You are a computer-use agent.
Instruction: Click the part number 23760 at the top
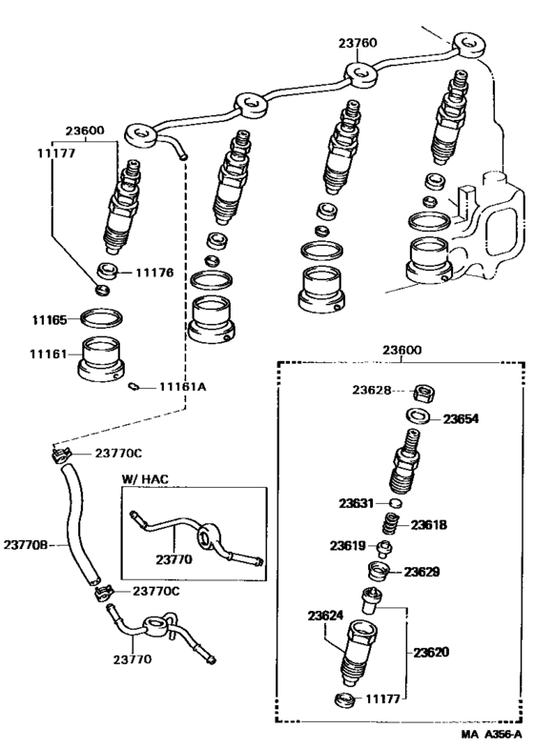click(x=357, y=43)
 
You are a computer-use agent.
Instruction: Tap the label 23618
click(x=428, y=524)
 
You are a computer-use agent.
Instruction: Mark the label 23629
click(x=422, y=572)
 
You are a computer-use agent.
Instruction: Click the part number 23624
click(x=325, y=617)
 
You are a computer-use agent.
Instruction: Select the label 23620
click(x=432, y=653)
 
